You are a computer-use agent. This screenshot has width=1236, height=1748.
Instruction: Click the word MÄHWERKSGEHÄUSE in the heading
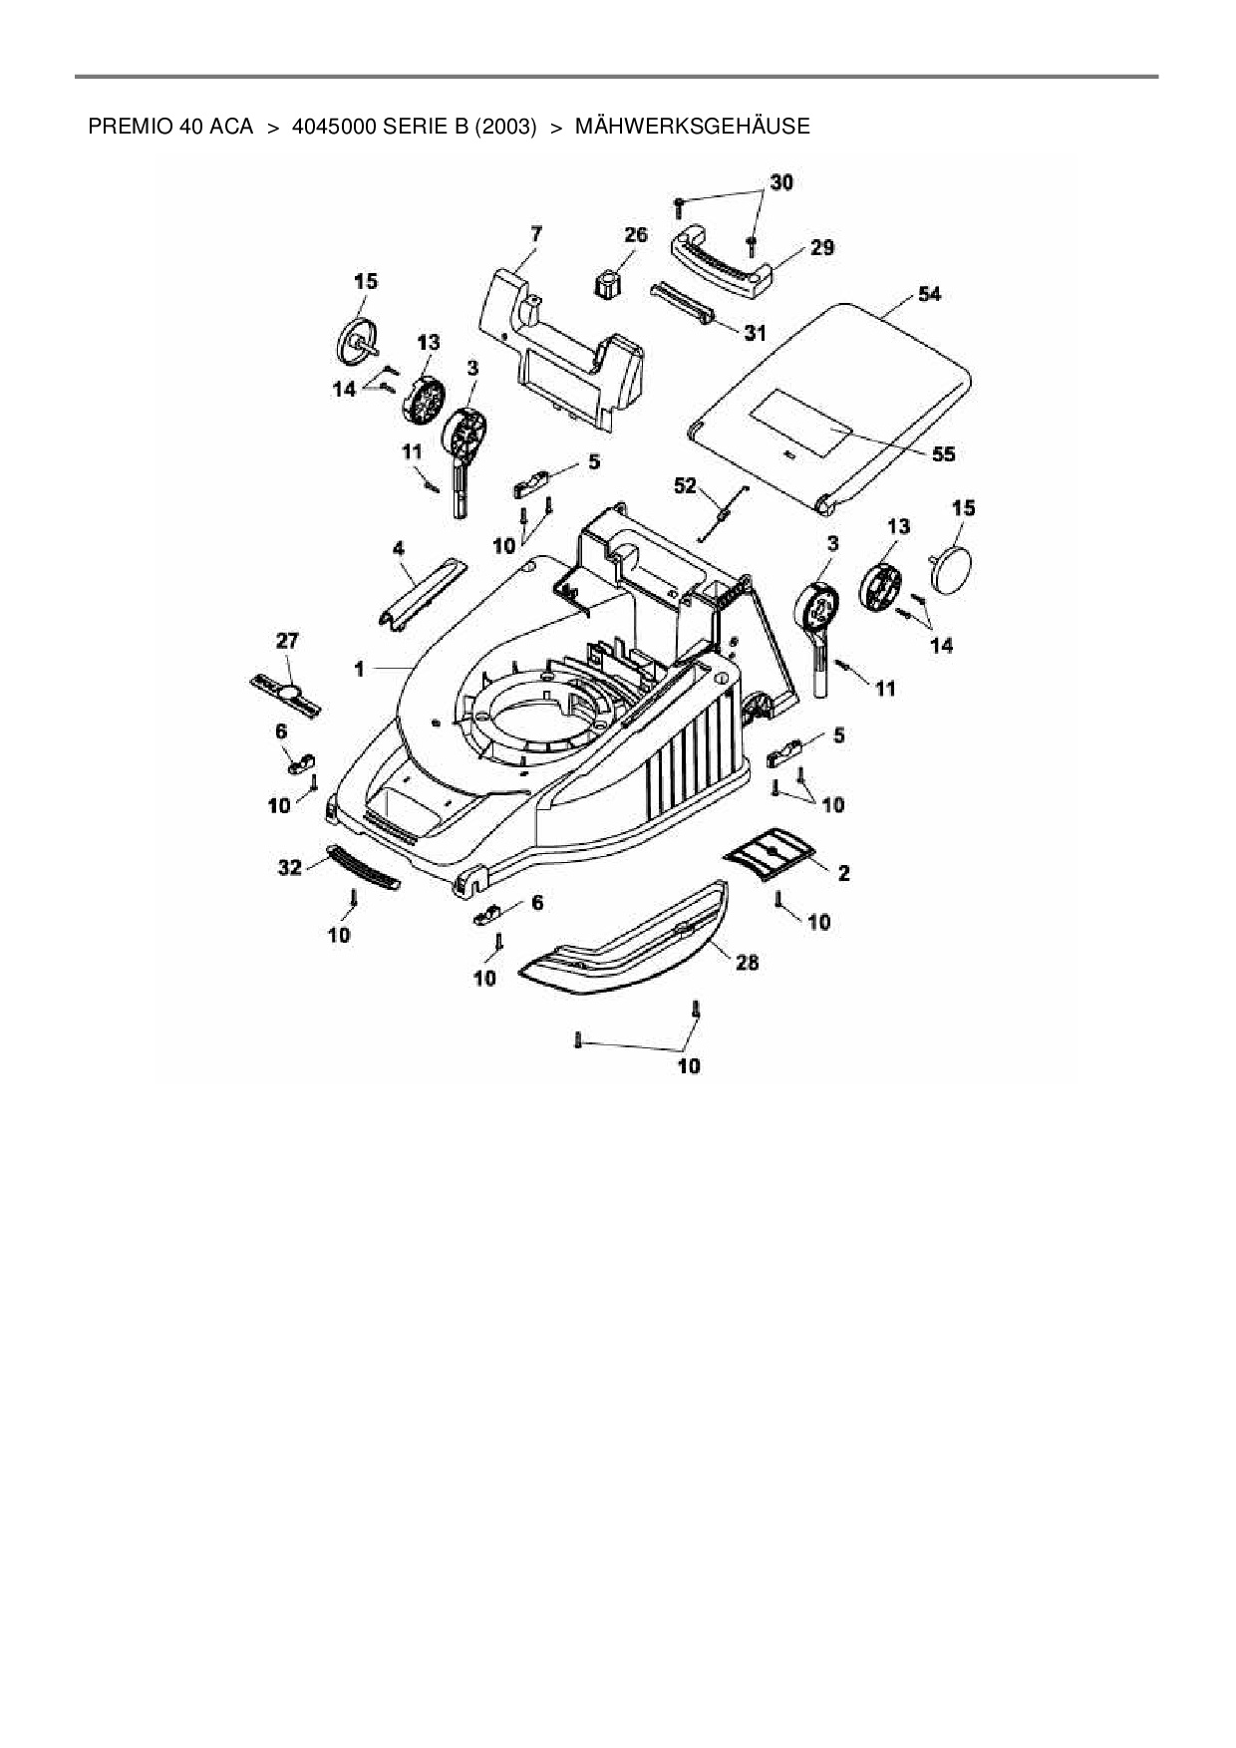click(x=693, y=127)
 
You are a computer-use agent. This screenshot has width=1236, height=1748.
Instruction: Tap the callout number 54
click(x=929, y=295)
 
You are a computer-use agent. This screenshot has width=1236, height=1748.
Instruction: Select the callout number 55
click(x=942, y=454)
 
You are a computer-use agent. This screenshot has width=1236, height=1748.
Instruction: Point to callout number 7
click(x=535, y=234)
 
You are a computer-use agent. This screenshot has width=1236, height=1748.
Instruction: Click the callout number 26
click(x=635, y=235)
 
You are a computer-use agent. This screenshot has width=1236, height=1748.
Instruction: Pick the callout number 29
click(x=821, y=247)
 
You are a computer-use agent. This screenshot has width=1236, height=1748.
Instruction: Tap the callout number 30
click(x=781, y=182)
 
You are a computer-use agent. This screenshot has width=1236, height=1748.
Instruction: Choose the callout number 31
click(x=755, y=334)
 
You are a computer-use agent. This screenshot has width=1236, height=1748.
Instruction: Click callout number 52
click(x=686, y=485)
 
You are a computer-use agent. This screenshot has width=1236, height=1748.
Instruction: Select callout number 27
click(x=287, y=641)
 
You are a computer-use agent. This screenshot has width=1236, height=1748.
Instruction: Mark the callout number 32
click(x=289, y=868)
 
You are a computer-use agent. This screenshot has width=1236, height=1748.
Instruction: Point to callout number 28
click(x=747, y=962)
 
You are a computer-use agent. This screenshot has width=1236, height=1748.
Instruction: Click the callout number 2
click(x=843, y=873)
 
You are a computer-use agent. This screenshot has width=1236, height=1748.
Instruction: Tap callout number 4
click(x=399, y=548)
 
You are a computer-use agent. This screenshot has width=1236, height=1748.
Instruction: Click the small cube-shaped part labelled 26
click(x=606, y=283)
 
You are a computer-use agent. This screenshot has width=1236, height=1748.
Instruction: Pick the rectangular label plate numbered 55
click(x=800, y=423)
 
